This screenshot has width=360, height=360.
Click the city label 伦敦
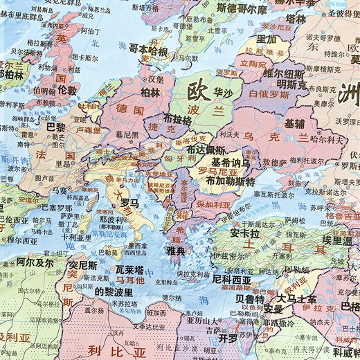click(x=68, y=89)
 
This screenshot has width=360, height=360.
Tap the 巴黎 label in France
click(x=56, y=127)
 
